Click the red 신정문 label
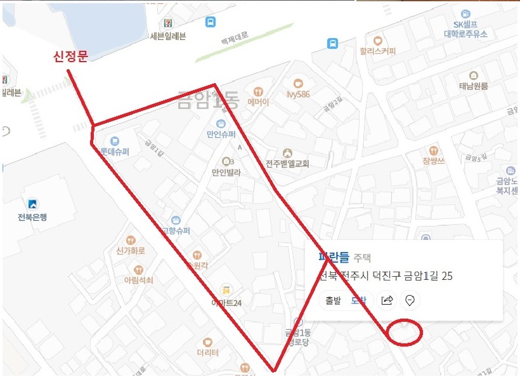pyautogui.click(x=70, y=56)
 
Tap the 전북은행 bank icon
pyautogui.click(x=32, y=204)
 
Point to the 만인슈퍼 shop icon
pyautogui.click(x=220, y=123)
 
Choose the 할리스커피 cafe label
pyautogui.click(x=377, y=51)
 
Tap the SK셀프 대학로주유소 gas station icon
pyautogui.click(x=465, y=13)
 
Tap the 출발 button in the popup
pyautogui.click(x=333, y=301)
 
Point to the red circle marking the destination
pyautogui.click(x=404, y=333)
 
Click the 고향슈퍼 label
pyautogui.click(x=176, y=231)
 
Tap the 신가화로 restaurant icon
pyautogui.click(x=131, y=240)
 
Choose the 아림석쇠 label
pyautogui.click(x=139, y=280)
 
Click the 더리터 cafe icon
pyautogui.click(x=207, y=343)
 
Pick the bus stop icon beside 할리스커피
pyautogui.click(x=332, y=44)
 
